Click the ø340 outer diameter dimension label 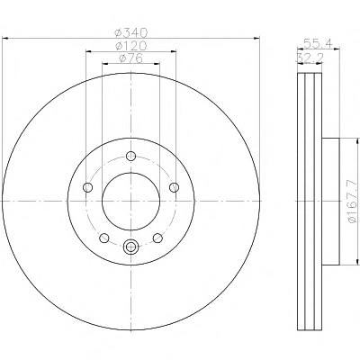(131, 32)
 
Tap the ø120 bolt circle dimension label (131, 46)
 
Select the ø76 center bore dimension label (130, 58)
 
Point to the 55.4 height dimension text (318, 43)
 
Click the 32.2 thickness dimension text (310, 58)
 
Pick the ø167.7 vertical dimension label (353, 202)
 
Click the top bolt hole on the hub (130, 156)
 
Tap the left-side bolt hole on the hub (87, 187)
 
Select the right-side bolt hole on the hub (174, 187)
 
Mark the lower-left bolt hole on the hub (104, 238)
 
